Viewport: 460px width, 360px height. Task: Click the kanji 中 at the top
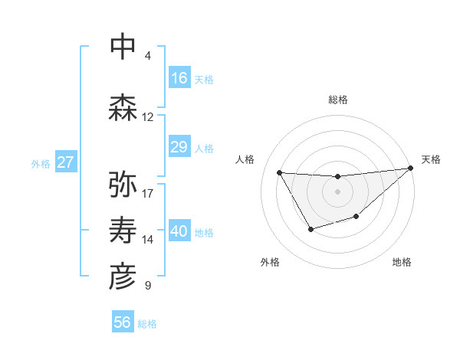123,47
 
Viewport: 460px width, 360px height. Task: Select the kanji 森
123,108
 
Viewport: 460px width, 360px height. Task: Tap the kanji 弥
123,185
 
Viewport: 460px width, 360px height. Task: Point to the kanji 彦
123,277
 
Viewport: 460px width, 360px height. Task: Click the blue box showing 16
179,78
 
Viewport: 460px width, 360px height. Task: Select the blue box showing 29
179,147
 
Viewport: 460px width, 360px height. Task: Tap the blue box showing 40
179,231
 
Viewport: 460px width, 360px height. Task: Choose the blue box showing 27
65,162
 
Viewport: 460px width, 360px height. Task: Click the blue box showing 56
123,322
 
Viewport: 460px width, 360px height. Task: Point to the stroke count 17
148,193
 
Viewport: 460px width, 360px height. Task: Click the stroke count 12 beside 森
148,117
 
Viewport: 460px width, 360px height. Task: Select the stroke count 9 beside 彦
147,286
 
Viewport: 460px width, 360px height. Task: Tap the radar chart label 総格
337,100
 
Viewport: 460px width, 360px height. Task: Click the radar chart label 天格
431,159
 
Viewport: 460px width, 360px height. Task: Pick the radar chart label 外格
270,262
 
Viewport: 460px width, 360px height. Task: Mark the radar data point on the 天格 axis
410,169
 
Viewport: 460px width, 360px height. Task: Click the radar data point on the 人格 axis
280,172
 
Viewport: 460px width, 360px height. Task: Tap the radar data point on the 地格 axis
356,217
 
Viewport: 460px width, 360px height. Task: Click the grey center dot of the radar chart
337,191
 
